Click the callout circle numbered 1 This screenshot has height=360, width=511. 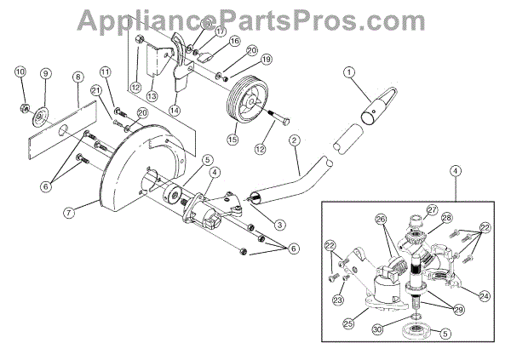(x=348, y=74)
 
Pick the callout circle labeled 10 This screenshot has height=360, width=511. (x=20, y=71)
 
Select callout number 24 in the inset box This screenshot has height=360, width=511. (x=484, y=296)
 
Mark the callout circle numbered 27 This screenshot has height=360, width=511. (x=432, y=209)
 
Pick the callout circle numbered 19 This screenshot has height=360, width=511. (x=267, y=60)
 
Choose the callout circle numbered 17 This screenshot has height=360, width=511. (x=221, y=31)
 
